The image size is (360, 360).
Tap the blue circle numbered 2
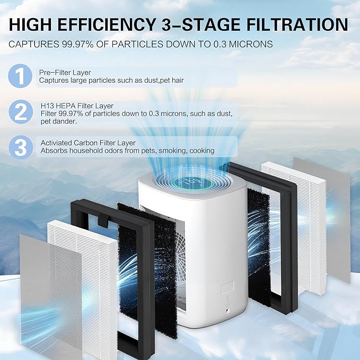point(20,112)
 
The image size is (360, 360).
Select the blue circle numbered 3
point(20,147)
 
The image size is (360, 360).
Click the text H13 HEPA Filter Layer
point(76,106)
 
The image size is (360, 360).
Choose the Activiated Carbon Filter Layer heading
point(87,143)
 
